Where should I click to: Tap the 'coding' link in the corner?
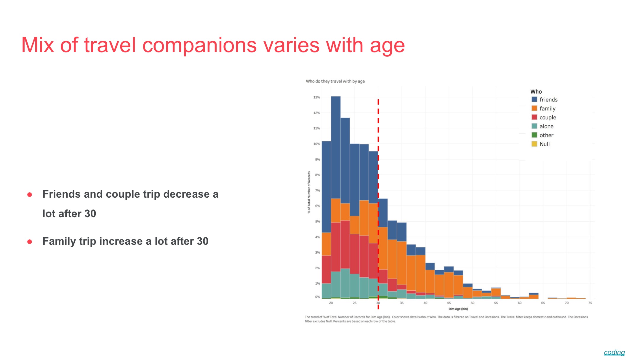[614, 352]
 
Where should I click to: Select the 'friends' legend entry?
[548, 100]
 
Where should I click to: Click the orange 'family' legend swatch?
[534, 108]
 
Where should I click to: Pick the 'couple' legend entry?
[548, 117]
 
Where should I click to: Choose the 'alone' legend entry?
[546, 126]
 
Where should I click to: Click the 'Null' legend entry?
[544, 144]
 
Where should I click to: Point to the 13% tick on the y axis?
[316, 97]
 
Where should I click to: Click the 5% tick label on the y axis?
[317, 221]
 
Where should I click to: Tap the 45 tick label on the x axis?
[449, 303]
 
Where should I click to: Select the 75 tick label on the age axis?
[590, 303]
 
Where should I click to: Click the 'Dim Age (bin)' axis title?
[458, 309]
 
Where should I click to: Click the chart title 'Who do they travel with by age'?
[335, 81]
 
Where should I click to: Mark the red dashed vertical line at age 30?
[378, 178]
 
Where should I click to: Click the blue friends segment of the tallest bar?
[335, 148]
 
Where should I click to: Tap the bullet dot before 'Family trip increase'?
[30, 242]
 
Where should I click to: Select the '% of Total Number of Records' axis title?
[309, 192]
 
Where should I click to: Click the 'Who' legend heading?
[536, 92]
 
